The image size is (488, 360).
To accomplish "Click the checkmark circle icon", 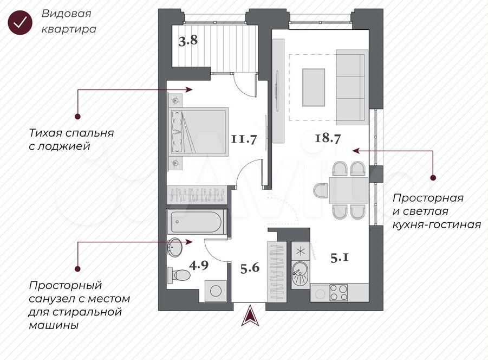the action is (x=20, y=22).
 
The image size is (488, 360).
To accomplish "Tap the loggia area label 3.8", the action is (x=188, y=41).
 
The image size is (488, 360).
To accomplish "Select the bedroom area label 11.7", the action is (x=244, y=139).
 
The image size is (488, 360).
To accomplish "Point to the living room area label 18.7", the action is (x=328, y=137).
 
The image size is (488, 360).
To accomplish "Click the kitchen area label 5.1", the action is (x=340, y=258).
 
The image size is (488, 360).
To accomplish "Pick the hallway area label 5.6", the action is (x=250, y=267).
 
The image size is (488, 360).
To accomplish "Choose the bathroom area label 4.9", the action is (x=199, y=266).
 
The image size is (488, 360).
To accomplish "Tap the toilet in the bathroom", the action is (x=179, y=275).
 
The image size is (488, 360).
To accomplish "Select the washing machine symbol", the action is (x=216, y=291).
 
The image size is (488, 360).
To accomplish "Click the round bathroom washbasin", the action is (x=175, y=248).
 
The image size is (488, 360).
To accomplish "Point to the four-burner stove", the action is (x=339, y=293).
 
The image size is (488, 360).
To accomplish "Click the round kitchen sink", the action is (x=301, y=270).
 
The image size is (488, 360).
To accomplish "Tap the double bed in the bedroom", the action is (x=199, y=131).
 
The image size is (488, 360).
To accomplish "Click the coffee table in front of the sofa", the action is (x=314, y=87).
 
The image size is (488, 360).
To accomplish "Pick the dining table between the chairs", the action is (x=348, y=190).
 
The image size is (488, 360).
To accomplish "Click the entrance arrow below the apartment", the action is (x=251, y=316).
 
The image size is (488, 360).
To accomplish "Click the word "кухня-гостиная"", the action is (x=437, y=224).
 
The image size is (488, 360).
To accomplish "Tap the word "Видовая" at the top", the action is (x=66, y=14).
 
